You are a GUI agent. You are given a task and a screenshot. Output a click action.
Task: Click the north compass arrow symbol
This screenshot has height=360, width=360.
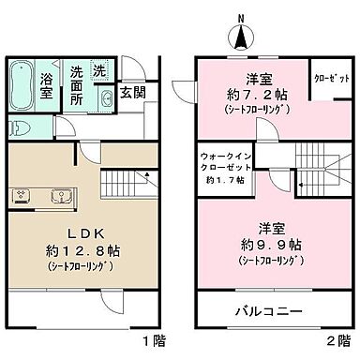(x=240, y=37)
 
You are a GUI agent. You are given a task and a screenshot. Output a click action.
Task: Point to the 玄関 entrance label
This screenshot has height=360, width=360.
(x=131, y=94)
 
